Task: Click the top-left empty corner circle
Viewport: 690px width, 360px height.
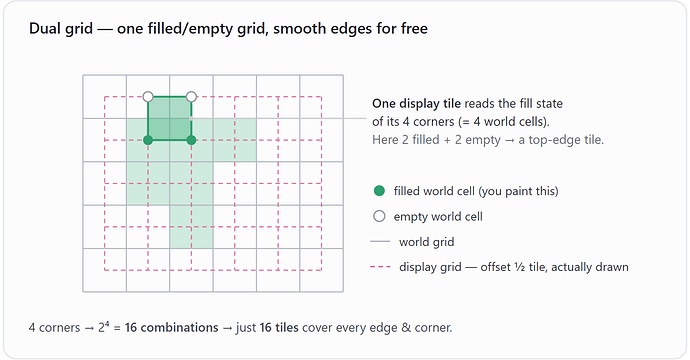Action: click(148, 96)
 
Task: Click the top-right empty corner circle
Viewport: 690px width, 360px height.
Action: click(191, 96)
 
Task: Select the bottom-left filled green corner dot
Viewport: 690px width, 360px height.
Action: click(148, 140)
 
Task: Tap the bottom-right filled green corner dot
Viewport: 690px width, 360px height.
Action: click(191, 140)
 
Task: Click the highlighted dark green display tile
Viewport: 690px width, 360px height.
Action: click(170, 118)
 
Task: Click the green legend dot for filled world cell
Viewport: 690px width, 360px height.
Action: click(379, 191)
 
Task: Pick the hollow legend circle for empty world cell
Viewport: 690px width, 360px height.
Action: click(379, 217)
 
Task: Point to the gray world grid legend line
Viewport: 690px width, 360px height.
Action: click(380, 242)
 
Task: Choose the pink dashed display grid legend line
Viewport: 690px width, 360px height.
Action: click(380, 267)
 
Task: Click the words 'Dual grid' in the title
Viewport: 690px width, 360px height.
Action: click(61, 29)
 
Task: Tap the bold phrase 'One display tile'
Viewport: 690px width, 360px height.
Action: click(416, 104)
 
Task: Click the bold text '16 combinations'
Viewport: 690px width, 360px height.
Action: click(172, 328)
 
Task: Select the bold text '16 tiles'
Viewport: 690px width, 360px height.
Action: click(279, 328)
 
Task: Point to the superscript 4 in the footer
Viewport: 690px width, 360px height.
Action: click(107, 324)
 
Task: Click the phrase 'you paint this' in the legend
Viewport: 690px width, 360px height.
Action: click(518, 191)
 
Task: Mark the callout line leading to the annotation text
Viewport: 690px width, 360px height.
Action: click(279, 118)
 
